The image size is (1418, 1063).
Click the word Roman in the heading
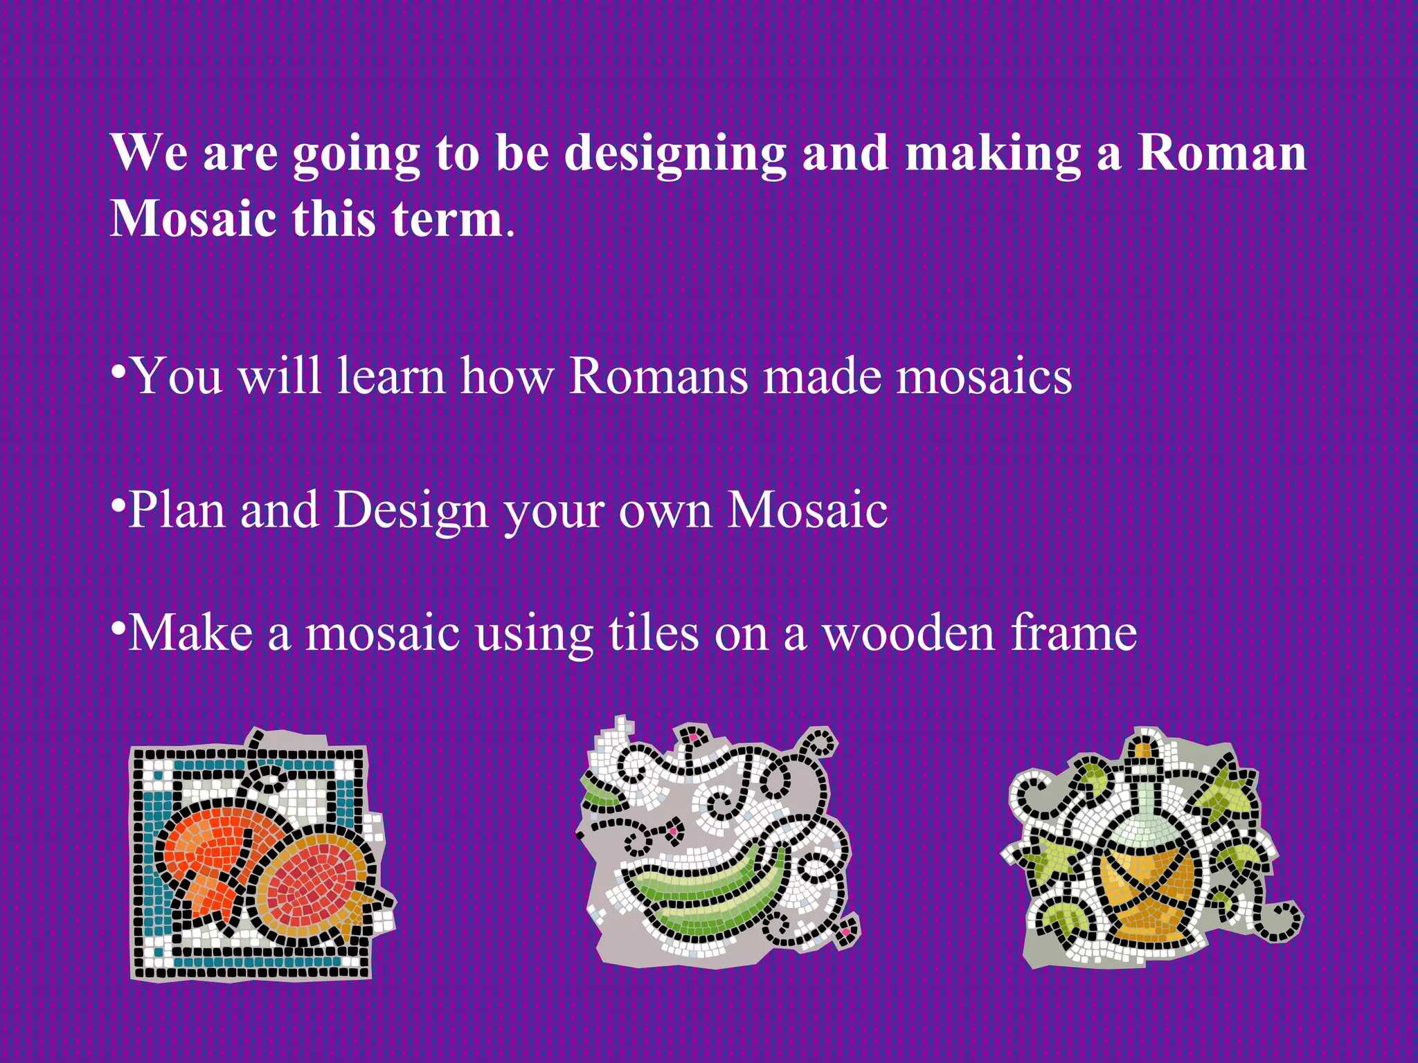click(x=1222, y=154)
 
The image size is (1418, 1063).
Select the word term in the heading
click(x=447, y=219)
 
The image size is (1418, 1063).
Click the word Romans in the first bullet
click(x=658, y=377)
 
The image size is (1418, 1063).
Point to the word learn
click(x=391, y=377)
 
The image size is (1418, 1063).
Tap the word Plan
click(x=177, y=511)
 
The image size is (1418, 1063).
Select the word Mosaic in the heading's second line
click(x=193, y=219)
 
